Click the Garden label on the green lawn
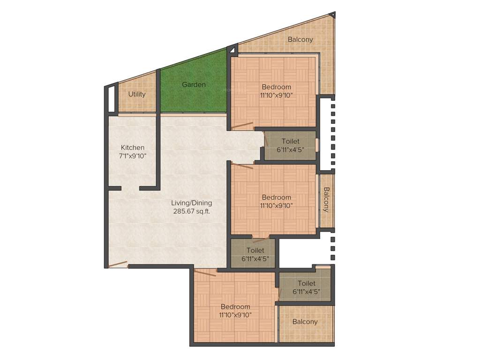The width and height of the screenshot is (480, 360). [194, 85]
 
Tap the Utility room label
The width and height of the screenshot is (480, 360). [137, 94]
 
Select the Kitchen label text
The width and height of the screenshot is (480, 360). [133, 147]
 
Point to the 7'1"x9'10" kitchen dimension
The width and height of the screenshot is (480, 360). [133, 156]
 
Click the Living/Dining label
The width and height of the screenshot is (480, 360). [191, 203]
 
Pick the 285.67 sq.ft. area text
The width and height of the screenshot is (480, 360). [191, 211]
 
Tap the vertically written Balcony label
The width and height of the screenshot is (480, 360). [326, 200]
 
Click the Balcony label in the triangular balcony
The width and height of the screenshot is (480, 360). [300, 40]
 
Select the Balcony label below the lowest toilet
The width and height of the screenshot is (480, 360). [305, 322]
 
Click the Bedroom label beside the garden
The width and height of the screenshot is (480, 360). [276, 87]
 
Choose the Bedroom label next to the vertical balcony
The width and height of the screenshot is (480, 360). [276, 197]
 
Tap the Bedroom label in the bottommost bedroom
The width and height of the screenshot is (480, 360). [235, 307]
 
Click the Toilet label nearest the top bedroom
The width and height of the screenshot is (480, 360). [291, 141]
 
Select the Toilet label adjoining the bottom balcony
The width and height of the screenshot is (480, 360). [306, 283]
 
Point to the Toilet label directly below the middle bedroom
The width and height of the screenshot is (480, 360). [255, 251]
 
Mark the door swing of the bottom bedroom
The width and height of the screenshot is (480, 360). [205, 272]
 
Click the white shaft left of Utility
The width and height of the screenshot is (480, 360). [112, 99]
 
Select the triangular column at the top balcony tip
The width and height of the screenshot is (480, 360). [332, 15]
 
